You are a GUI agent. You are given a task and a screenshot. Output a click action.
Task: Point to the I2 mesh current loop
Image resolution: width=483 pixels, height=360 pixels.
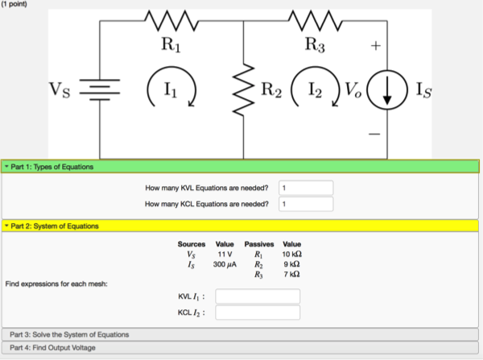pos(312,89)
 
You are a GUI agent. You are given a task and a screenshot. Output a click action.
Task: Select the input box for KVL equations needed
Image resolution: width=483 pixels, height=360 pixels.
pos(305,188)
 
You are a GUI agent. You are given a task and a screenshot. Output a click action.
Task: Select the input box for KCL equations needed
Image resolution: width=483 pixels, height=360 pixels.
pos(305,205)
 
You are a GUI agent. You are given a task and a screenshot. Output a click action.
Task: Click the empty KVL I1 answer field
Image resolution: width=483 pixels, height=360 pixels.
pos(258,296)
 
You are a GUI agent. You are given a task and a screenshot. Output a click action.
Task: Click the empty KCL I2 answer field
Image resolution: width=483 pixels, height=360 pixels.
pos(258,312)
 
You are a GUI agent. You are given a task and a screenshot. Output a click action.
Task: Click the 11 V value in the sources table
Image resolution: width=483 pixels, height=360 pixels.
pos(225,254)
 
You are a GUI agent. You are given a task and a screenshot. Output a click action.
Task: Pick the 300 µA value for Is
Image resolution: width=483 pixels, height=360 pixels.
pos(225,264)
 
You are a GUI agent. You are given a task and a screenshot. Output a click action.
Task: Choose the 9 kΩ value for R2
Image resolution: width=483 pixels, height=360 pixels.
pos(291,264)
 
